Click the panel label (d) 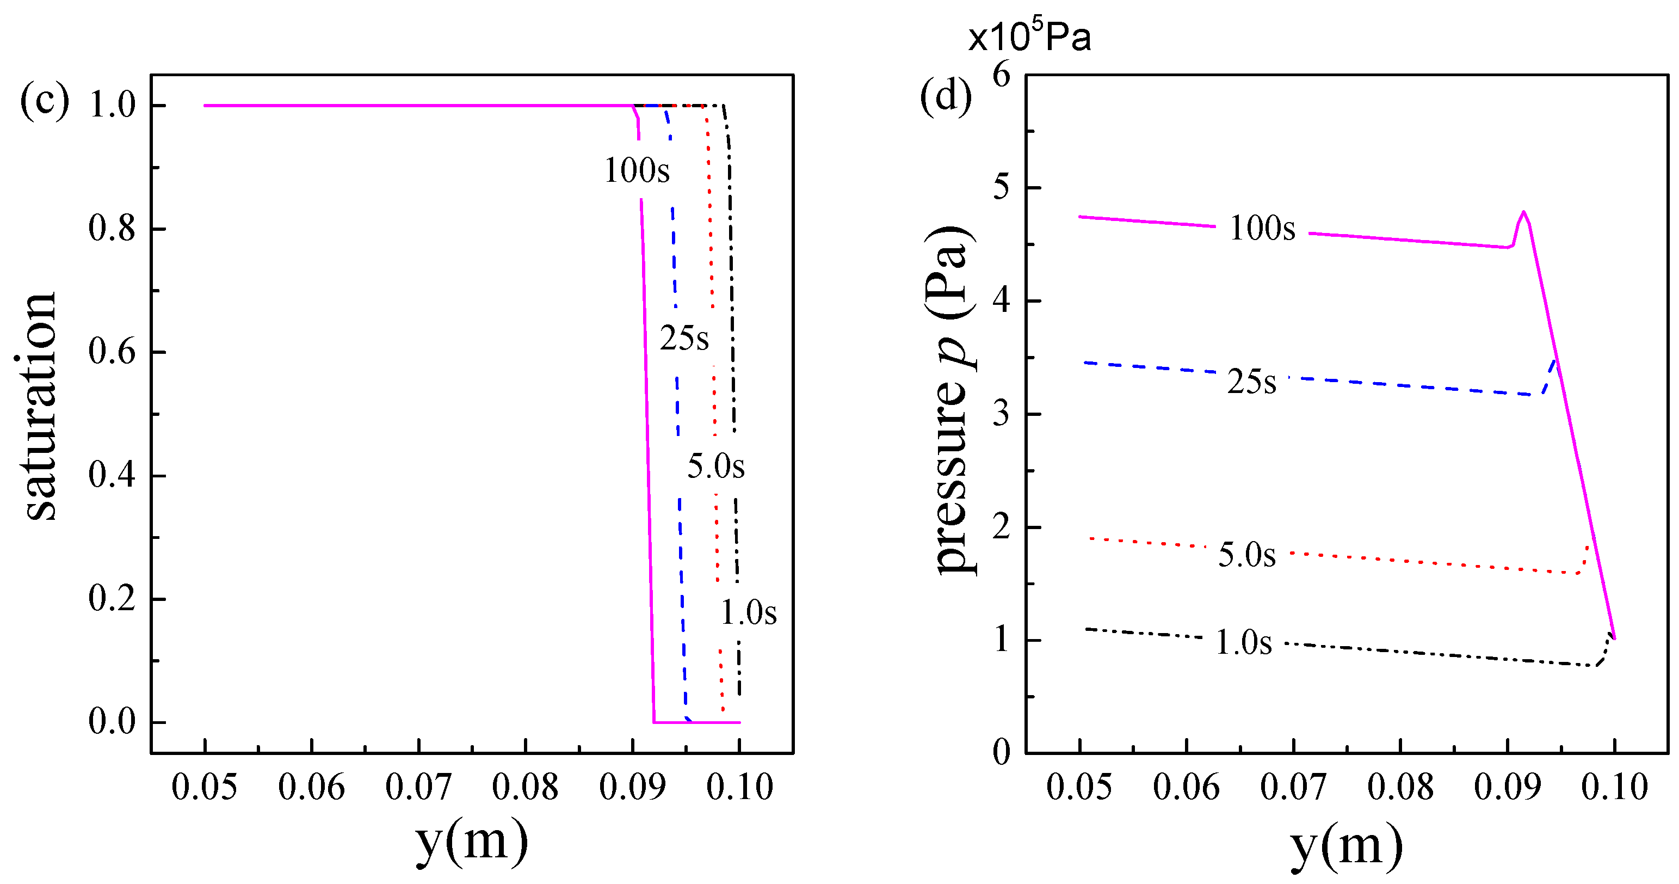945,98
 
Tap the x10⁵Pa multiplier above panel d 1029,35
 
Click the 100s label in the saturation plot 637,171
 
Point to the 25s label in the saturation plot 684,337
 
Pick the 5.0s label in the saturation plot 715,466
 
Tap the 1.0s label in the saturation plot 748,613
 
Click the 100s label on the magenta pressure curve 1262,228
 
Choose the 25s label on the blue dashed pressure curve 1251,382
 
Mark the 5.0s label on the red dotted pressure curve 1246,555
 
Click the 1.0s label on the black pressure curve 1244,642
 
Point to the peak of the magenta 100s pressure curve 1523,212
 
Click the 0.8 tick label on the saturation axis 112,229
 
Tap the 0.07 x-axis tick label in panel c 418,787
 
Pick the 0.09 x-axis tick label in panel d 1507,787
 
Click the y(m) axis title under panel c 471,841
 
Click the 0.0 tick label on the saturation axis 112,722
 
